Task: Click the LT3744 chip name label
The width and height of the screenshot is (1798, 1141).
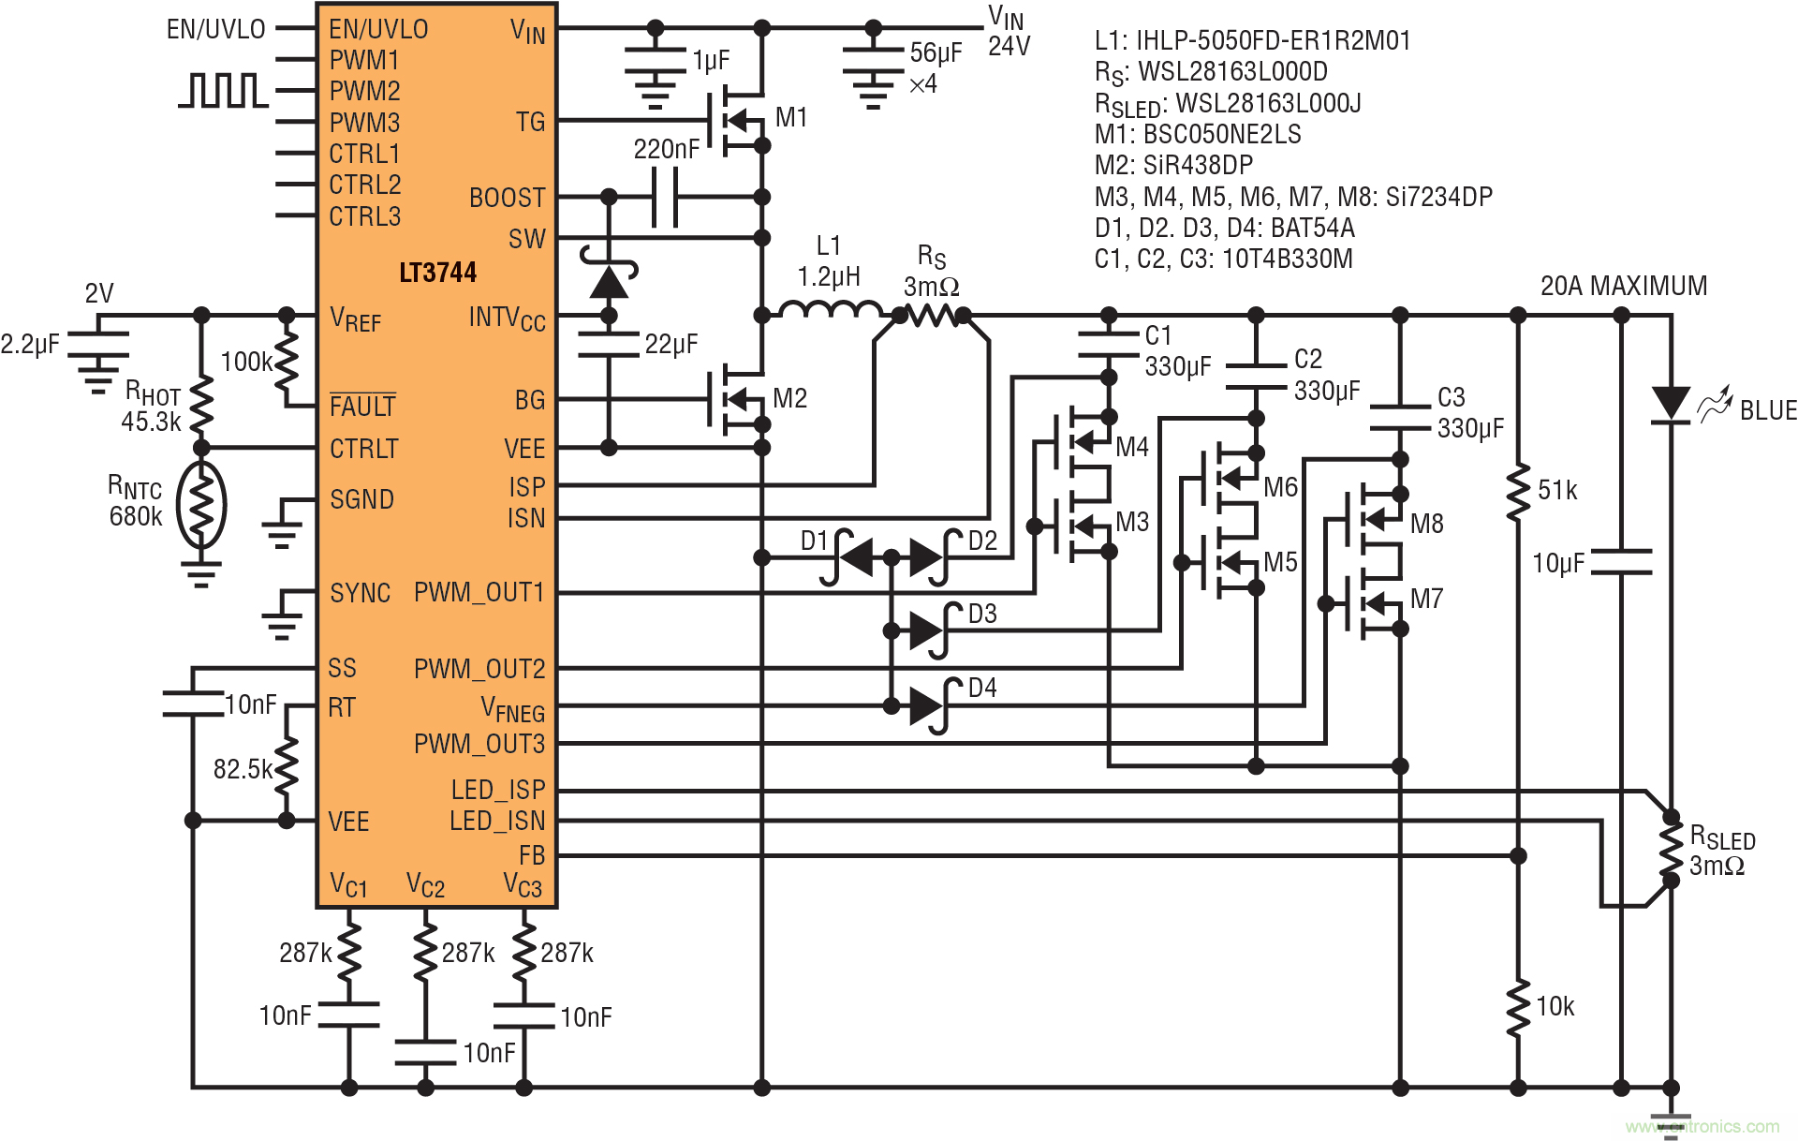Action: click(437, 273)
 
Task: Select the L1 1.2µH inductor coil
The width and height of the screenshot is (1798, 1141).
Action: click(831, 310)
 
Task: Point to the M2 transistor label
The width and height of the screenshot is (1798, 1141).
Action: click(790, 399)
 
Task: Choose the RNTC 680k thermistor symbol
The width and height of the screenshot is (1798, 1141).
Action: click(200, 504)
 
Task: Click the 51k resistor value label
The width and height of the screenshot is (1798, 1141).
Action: click(1557, 490)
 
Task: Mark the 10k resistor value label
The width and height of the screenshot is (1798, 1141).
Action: click(1555, 1007)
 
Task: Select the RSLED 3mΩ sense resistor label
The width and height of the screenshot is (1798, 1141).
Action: click(1721, 851)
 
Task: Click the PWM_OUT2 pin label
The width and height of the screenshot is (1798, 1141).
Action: click(479, 669)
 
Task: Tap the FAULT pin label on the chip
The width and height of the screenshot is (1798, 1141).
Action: click(362, 407)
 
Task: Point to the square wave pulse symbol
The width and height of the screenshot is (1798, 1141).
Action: click(223, 91)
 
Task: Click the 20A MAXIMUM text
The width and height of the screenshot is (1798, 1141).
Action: click(1624, 286)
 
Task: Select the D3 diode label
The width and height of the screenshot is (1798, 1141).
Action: click(982, 615)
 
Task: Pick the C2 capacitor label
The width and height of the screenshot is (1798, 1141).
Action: click(1308, 359)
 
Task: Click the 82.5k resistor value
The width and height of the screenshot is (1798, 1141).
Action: click(242, 770)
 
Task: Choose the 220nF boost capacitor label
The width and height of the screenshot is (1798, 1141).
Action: click(666, 149)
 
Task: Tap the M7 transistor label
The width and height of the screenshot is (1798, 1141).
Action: click(1426, 599)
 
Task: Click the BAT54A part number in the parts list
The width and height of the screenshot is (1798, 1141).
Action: click(1312, 228)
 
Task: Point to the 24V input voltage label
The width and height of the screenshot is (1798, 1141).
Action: click(1009, 47)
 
